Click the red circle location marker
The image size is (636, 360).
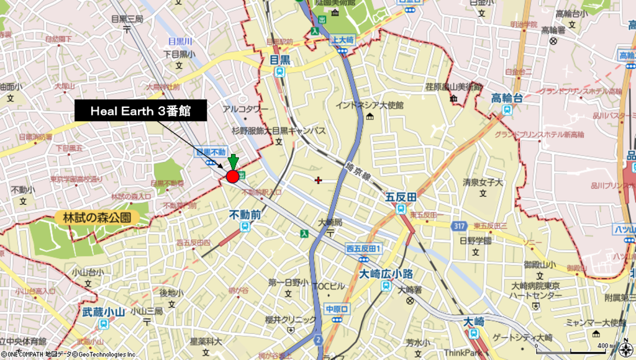coord(233,177)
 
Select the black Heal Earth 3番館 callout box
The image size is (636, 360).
coord(140,111)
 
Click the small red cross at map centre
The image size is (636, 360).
coord(319,180)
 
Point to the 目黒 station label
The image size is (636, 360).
coord(280,60)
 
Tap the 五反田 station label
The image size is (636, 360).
coord(400,197)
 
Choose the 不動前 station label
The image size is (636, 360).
coord(245,214)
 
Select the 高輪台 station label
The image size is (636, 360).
coord(507,98)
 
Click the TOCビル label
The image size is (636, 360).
coord(328,286)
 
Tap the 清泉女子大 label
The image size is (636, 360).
coord(483,183)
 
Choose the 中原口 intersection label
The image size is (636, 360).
coord(338,308)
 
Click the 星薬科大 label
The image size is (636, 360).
coord(206,341)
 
